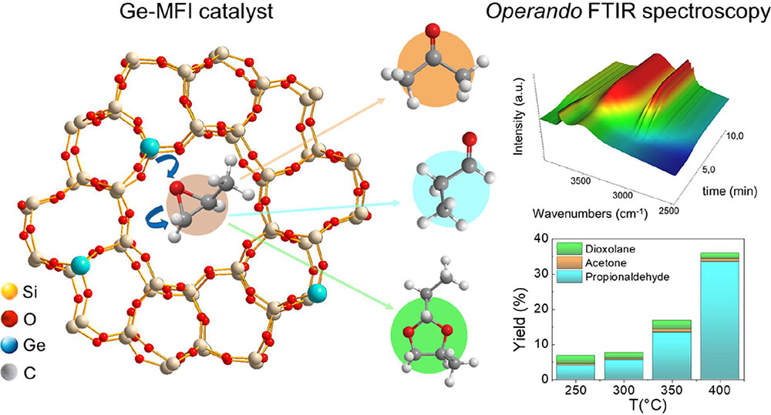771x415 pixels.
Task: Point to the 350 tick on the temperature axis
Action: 671,390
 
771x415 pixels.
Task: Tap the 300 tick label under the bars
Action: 622,390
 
